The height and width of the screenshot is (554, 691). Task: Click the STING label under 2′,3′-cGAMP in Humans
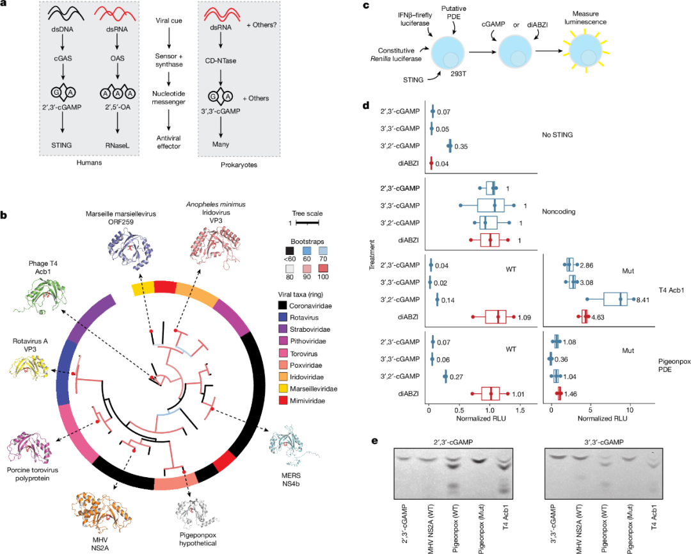click(x=61, y=145)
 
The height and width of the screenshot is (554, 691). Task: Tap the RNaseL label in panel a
click(x=117, y=145)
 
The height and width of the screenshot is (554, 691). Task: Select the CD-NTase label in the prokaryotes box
click(x=221, y=61)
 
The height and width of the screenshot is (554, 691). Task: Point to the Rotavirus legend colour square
click(x=283, y=317)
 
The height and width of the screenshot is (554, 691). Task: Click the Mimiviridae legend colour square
click(x=283, y=400)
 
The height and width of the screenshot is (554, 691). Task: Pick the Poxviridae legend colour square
click(x=283, y=365)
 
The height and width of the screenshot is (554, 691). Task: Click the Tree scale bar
click(x=307, y=223)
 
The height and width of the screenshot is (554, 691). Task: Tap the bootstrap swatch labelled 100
click(x=322, y=268)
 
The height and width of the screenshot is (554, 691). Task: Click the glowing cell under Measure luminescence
click(x=585, y=51)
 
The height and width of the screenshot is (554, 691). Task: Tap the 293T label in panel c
click(x=458, y=74)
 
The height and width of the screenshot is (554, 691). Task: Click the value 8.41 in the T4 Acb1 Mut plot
click(x=642, y=300)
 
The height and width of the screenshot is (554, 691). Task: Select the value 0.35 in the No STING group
click(x=461, y=147)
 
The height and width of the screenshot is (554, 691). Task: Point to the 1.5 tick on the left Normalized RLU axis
click(x=520, y=410)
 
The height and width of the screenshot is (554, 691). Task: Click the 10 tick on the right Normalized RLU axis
click(x=630, y=410)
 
